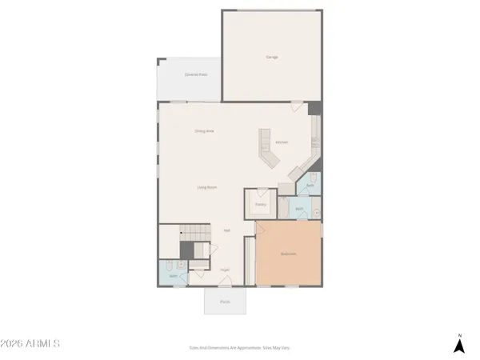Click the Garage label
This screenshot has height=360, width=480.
[271, 57]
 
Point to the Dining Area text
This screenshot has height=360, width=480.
[205, 130]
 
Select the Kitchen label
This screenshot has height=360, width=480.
[282, 142]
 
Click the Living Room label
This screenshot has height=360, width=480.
[207, 187]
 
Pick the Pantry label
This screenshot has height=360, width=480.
[260, 205]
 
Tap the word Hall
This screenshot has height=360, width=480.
[227, 230]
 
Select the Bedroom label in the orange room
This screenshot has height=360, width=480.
[289, 254]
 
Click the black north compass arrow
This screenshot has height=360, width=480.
[458, 346]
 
